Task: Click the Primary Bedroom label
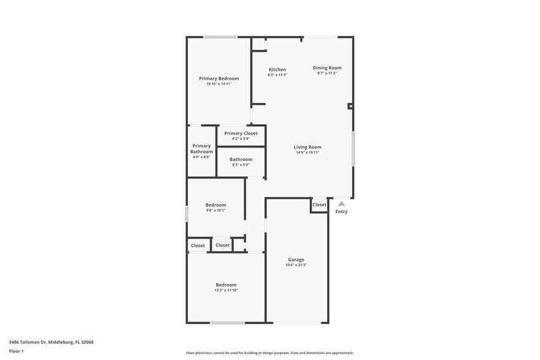[219, 78]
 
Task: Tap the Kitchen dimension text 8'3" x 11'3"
[277, 75]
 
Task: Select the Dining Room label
[327, 68]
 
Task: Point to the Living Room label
[307, 147]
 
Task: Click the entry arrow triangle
[342, 204]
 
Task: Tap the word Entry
[342, 212]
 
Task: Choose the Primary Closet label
[241, 133]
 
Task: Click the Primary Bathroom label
[201, 149]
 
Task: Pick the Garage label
[296, 260]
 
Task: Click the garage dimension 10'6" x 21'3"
[296, 265]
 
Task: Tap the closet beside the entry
[320, 204]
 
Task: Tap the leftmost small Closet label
[198, 246]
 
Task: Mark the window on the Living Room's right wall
[353, 148]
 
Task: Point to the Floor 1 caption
[16, 351]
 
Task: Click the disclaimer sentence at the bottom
[269, 353]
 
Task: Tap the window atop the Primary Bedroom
[220, 37]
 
